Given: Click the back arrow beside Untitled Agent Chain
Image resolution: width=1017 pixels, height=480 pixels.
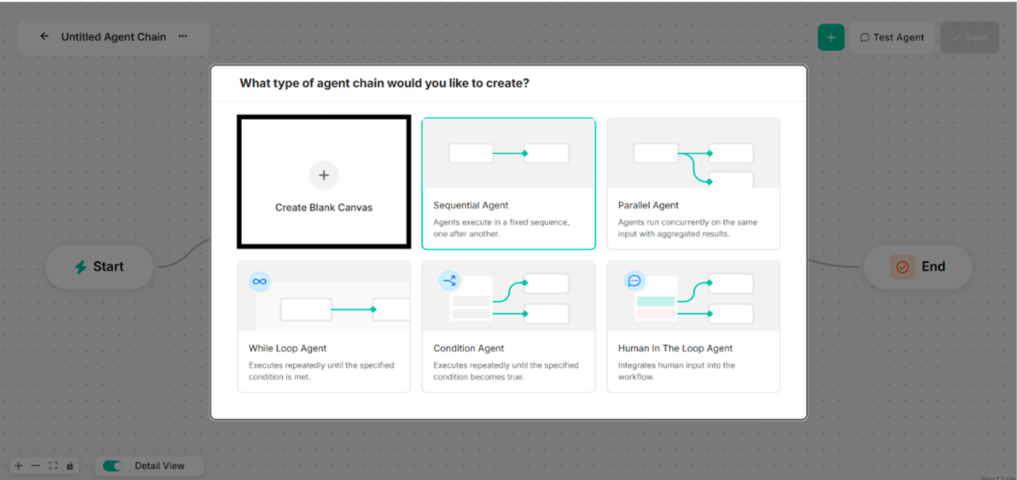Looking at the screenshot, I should coord(44,36).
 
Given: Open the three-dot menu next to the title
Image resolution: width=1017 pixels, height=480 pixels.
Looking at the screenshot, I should coord(182,36).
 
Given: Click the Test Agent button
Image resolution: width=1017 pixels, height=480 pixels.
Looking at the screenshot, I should coord(892,38).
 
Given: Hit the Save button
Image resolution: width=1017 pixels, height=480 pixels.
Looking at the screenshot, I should coord(970,38).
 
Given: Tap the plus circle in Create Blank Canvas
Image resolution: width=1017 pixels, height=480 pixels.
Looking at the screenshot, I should coord(324,175).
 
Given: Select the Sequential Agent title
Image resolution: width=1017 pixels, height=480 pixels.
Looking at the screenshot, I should coord(470,205).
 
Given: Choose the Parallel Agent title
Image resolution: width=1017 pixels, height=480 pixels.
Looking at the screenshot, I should coord(648,205).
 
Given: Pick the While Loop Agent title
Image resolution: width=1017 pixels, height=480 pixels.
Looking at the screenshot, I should coord(287,348).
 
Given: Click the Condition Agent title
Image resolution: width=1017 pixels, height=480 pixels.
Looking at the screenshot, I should coord(468,348).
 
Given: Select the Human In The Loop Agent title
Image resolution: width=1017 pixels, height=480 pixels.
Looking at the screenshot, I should coord(675,348).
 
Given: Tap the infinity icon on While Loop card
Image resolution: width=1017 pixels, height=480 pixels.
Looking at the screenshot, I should coord(259,281).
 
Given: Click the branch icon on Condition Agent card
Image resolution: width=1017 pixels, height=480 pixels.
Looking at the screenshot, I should coord(449,280).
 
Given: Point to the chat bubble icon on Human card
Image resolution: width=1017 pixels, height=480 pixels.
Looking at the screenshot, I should coord(634,281).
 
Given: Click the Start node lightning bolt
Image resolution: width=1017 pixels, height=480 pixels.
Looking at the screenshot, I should coord(80,267).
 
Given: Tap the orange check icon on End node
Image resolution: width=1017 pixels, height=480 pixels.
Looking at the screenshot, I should coord(902,267).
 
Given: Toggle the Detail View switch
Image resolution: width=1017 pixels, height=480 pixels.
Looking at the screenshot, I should coord(112,466).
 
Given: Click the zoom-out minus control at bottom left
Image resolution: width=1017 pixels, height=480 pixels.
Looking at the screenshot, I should coord(35,466).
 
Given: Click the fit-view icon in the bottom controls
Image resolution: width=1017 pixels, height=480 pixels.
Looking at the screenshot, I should coord(53,466).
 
